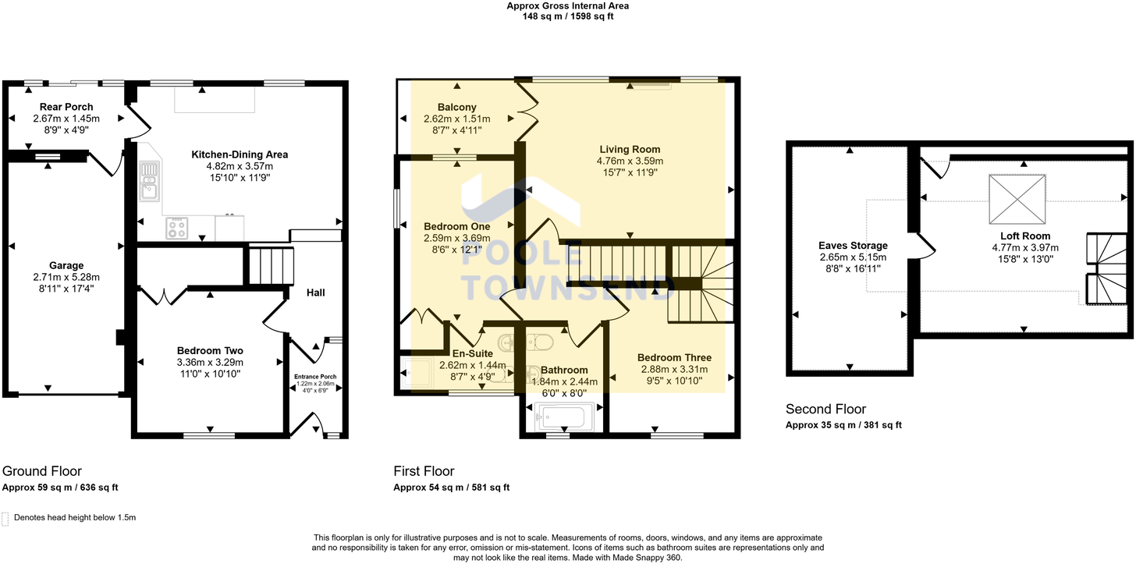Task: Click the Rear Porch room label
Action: click(x=66, y=107)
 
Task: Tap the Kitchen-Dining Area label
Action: click(x=240, y=154)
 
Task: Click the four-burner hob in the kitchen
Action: click(x=177, y=229)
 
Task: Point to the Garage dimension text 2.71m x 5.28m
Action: click(x=66, y=277)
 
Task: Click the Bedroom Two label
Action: click(x=210, y=350)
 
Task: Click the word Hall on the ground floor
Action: click(x=315, y=293)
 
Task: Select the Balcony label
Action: click(x=456, y=107)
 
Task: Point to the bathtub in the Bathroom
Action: click(x=565, y=416)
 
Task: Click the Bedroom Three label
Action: click(x=674, y=358)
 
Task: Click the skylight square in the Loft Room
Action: click(x=1017, y=199)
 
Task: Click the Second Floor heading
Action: click(x=825, y=410)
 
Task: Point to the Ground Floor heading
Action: click(x=42, y=471)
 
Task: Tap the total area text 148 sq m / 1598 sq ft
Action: click(x=568, y=16)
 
